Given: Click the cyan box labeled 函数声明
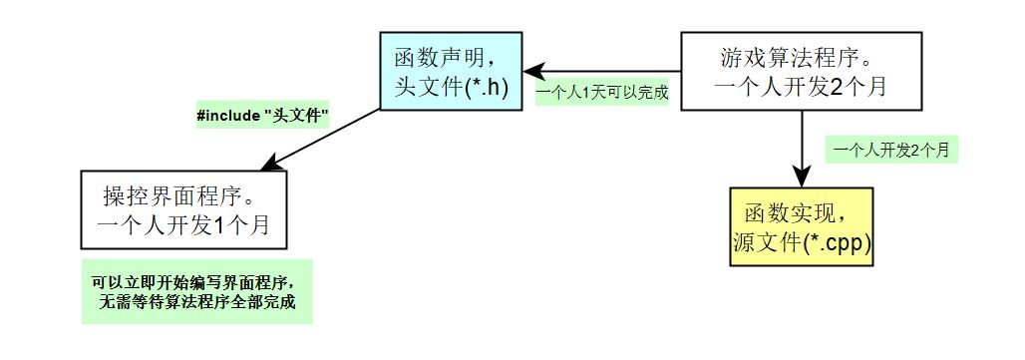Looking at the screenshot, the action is pyautogui.click(x=451, y=71).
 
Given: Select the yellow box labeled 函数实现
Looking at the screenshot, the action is pyautogui.click(x=802, y=226).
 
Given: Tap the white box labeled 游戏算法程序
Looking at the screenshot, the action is pyautogui.click(x=802, y=71).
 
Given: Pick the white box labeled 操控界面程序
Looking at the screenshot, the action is pyautogui.click(x=183, y=209).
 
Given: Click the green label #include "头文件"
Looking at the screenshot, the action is pyautogui.click(x=262, y=117).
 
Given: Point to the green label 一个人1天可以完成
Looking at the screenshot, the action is pyautogui.click(x=602, y=93).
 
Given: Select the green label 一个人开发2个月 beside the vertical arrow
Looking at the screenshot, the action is pyautogui.click(x=891, y=151).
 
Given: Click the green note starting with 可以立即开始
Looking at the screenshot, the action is pyautogui.click(x=196, y=291).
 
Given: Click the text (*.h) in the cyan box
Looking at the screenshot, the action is pyautogui.click(x=487, y=87).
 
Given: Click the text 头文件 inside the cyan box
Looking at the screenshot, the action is pyautogui.click(x=429, y=87).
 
